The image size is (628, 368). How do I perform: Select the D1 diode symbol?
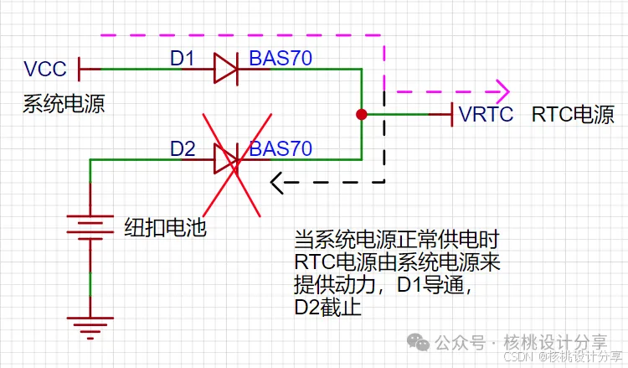click(x=225, y=69)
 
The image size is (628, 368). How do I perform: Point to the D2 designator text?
click(x=183, y=149)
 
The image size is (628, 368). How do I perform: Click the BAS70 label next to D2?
click(x=281, y=149)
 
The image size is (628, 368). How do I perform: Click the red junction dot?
click(x=361, y=114)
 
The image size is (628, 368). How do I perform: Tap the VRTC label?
click(x=486, y=115)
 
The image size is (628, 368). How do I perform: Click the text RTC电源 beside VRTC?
click(x=573, y=115)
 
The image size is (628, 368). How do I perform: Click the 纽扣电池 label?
click(x=165, y=226)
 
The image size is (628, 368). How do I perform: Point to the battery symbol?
click(x=90, y=225)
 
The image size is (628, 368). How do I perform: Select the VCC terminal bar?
click(x=80, y=69)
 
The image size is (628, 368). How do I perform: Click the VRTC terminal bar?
click(x=453, y=114)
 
